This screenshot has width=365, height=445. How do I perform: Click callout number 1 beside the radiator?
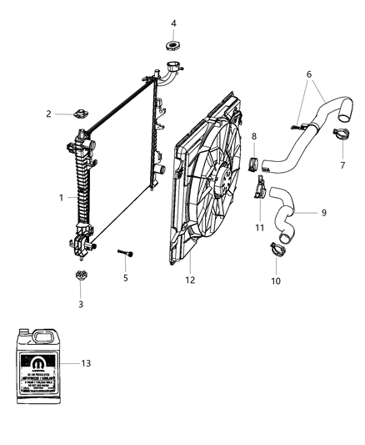pyautogui.click(x=61, y=198)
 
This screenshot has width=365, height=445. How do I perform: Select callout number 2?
pyautogui.click(x=49, y=114)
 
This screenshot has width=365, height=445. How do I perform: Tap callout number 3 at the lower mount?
pyautogui.click(x=80, y=305)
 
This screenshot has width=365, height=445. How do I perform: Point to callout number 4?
pyautogui.click(x=173, y=23)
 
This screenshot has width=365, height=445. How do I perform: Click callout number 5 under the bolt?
pyautogui.click(x=126, y=277)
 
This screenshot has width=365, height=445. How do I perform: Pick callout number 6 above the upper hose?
pyautogui.click(x=310, y=75)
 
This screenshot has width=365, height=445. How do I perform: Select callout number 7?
pyautogui.click(x=342, y=165)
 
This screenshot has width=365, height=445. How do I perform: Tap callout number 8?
pyautogui.click(x=254, y=134)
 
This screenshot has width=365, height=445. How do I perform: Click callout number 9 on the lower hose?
pyautogui.click(x=323, y=213)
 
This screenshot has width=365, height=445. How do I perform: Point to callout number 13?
pyautogui.click(x=110, y=363)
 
